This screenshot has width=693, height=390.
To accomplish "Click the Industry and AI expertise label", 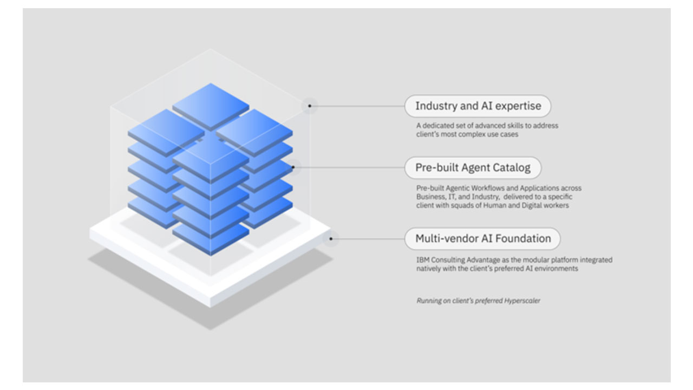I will (478, 106).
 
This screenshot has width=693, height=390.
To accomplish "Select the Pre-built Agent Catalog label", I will (473, 168).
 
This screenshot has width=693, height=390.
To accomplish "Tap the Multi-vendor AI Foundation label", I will (482, 238).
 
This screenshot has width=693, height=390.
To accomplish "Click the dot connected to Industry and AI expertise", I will (310, 106).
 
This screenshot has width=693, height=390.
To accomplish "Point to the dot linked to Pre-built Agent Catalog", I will (293, 167).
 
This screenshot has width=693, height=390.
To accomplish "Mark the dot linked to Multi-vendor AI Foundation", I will (331, 238).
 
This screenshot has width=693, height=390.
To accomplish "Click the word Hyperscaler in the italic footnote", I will (522, 301).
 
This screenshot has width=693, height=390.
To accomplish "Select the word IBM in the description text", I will (422, 260).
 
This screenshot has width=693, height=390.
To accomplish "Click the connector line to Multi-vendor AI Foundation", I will (368, 238).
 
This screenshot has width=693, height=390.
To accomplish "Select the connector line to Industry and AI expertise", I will (357, 106).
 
